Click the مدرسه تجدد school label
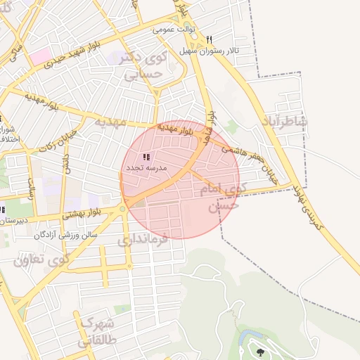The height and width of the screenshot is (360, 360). [x=146, y=169]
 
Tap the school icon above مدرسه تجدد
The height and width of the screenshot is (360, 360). [x=146, y=157]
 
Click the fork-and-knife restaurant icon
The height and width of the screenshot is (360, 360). [x=209, y=39]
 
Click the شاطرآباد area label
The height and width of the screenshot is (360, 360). [x=284, y=120]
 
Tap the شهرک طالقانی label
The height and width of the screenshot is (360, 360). [x=96, y=335]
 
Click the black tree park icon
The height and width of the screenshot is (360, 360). [x=261, y=352]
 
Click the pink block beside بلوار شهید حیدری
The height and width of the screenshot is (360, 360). [x=40, y=55]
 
